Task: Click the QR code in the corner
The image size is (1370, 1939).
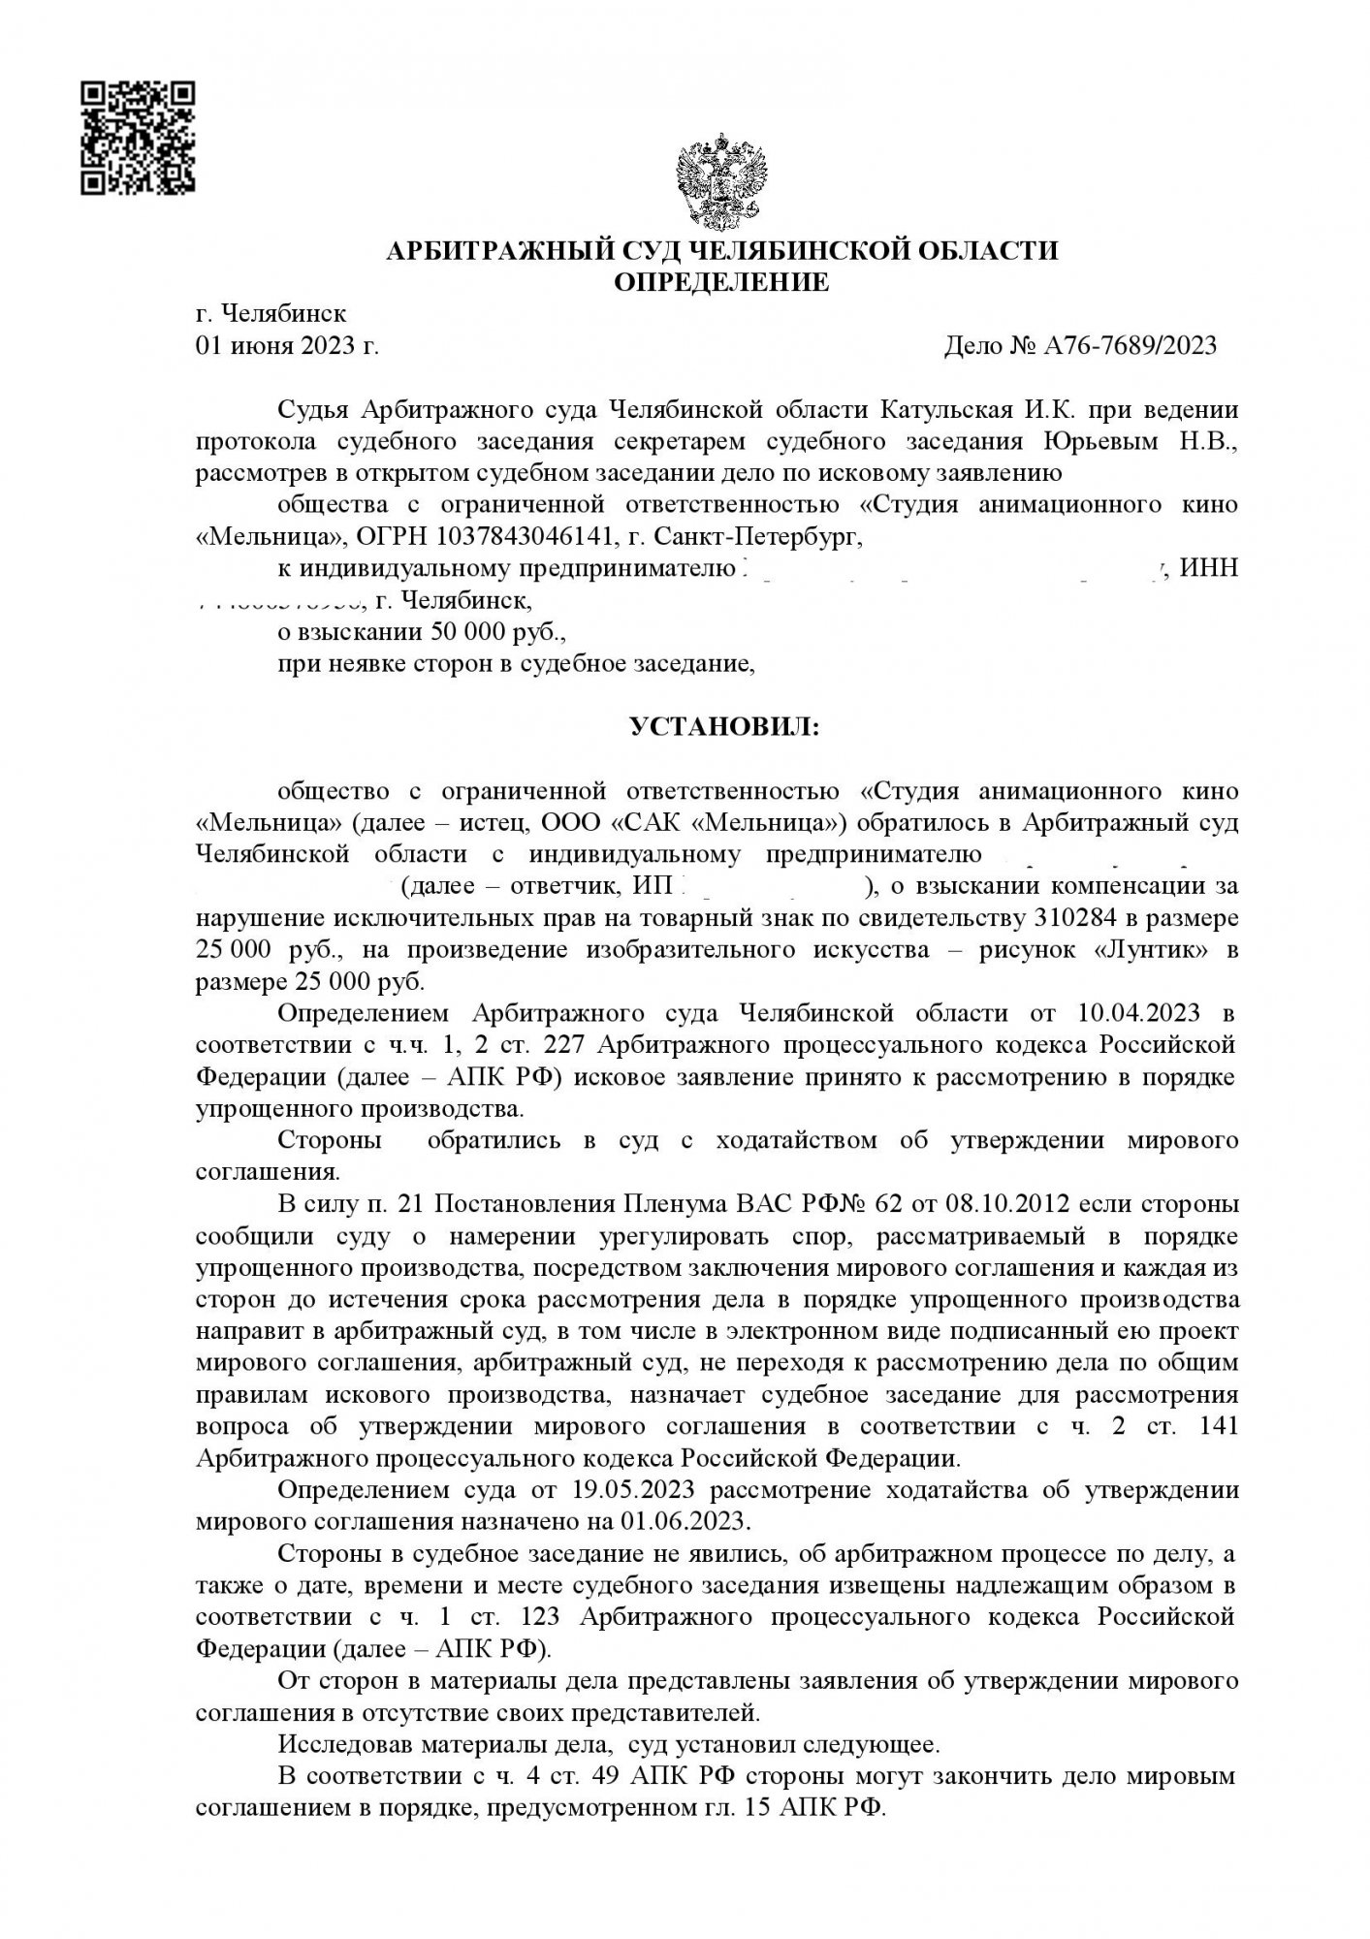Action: pyautogui.click(x=137, y=137)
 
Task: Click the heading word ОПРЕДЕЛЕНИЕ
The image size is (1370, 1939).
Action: pyautogui.click(x=722, y=282)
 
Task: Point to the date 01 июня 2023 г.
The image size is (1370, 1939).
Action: pyautogui.click(x=287, y=345)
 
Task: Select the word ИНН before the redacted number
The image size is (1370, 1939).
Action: pyautogui.click(x=1210, y=568)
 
